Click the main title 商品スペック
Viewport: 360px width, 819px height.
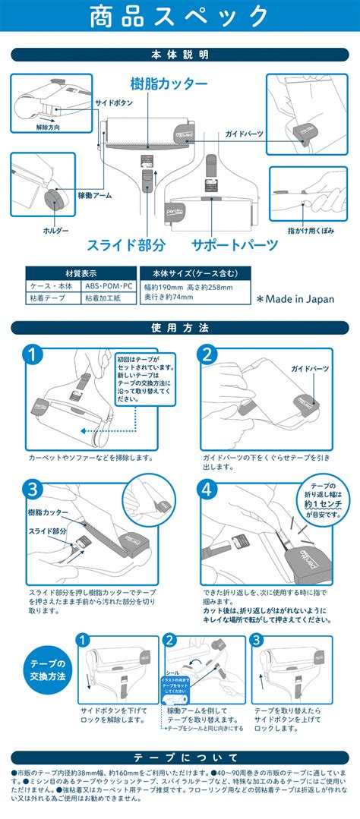click(179, 18)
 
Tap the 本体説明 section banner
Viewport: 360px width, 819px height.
click(180, 55)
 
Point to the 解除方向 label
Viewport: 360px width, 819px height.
click(49, 127)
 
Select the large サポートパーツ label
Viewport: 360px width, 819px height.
click(233, 244)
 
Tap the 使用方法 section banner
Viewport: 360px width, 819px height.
click(180, 328)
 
